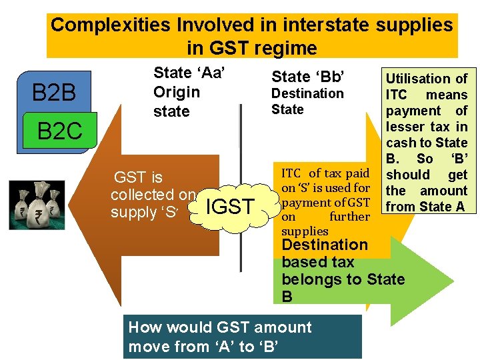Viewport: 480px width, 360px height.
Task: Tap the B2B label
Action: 54,93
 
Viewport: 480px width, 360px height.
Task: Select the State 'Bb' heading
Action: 307,76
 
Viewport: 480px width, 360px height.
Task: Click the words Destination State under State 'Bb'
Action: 307,101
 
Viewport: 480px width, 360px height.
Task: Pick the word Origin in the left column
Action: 177,92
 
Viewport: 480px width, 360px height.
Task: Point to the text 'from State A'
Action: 425,207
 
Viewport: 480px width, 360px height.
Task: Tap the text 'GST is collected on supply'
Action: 153,195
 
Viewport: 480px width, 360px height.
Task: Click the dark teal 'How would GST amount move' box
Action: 243,337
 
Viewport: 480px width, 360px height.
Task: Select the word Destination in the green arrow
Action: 325,245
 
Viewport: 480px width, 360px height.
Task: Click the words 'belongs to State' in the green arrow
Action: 343,279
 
